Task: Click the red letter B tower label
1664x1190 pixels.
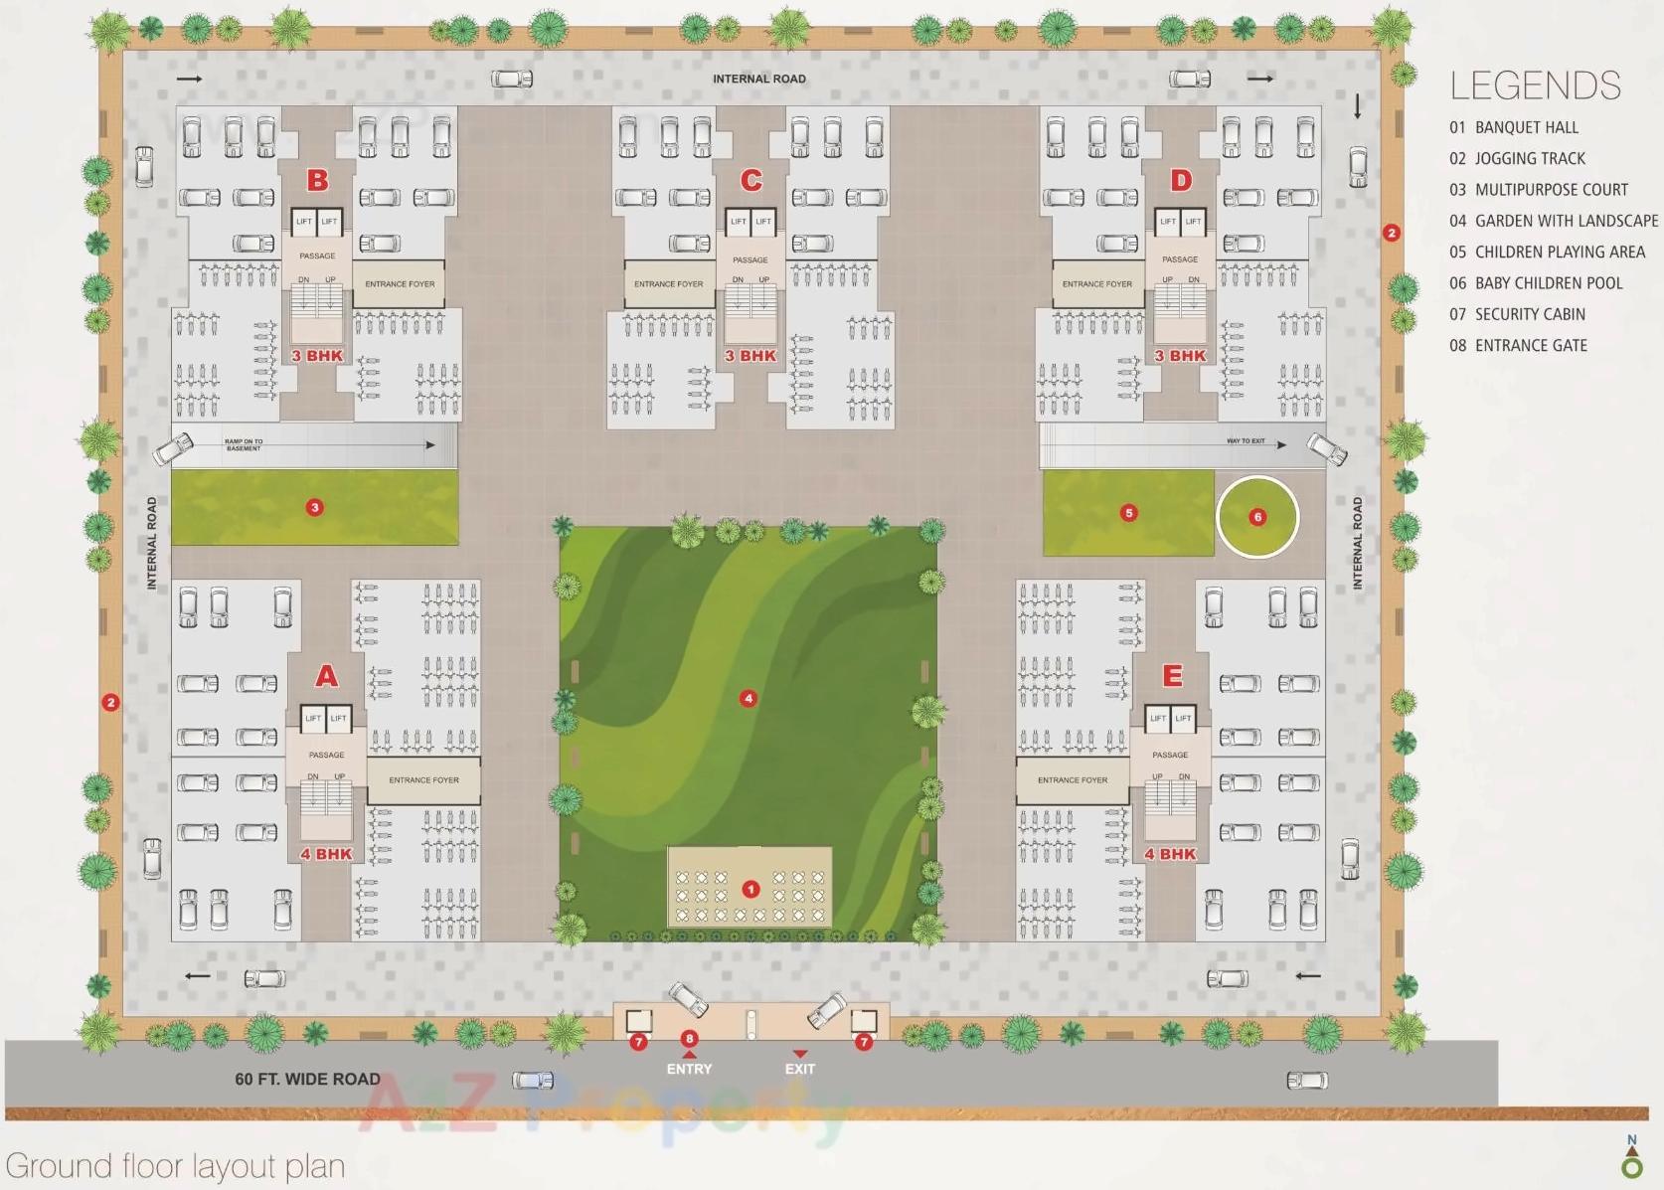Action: pos(317,180)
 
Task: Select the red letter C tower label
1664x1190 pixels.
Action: pos(750,180)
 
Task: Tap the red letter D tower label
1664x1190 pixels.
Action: pos(1181,180)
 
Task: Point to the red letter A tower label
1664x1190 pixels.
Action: pos(326,676)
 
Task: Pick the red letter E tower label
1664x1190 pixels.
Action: pos(1172,676)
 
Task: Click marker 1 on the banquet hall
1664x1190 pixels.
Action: pos(750,889)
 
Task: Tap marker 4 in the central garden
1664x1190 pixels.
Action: pos(749,699)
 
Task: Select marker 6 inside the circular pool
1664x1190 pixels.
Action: pos(1257,517)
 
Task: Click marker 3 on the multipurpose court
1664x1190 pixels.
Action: pos(315,507)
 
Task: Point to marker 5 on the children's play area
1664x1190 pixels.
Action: pos(1128,513)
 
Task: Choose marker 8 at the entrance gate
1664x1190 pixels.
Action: pos(689,1039)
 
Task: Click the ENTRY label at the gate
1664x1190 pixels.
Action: pos(689,1069)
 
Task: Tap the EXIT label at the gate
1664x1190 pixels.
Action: pos(800,1069)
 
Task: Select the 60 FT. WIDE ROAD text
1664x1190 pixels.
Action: pos(307,1079)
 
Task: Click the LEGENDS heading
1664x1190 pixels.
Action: pos(1535,86)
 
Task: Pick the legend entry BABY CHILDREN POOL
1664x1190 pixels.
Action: pos(1548,283)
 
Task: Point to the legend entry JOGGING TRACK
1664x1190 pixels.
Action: pos(1530,158)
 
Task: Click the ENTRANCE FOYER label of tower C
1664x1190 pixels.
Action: pos(668,284)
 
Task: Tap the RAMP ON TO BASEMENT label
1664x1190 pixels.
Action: pos(244,444)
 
